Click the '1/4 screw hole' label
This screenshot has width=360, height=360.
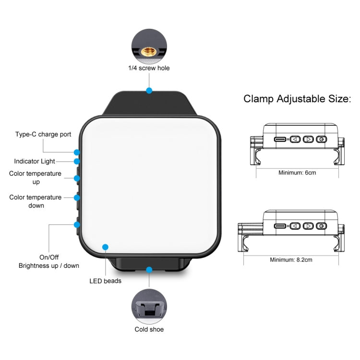149,68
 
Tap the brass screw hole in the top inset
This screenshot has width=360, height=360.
149,49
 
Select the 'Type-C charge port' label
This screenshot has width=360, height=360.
43,134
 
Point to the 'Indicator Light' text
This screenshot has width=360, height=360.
35,161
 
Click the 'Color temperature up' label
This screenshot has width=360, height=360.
36,178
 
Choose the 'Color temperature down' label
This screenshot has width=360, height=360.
36,201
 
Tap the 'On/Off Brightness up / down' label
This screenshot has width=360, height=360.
49,261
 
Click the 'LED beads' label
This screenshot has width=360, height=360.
106,281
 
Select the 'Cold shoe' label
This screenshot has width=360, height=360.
149,329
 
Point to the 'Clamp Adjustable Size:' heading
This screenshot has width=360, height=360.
298,99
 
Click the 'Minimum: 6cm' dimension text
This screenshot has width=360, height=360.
297,172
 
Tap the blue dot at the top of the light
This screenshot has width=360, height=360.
149,90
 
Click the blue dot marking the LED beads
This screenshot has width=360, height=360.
105,247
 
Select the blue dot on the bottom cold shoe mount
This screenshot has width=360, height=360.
149,270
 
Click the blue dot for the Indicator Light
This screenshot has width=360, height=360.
77,161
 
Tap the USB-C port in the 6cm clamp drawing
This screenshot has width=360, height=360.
280,139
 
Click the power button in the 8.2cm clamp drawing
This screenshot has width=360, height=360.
321,226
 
